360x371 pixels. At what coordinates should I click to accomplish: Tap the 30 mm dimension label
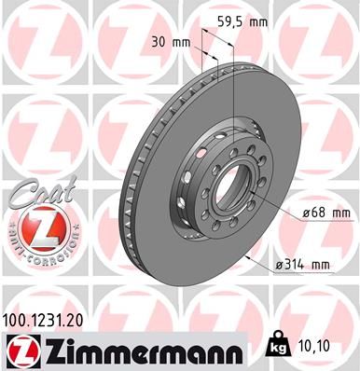(171, 42)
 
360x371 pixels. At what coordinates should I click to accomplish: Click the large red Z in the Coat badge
(38, 227)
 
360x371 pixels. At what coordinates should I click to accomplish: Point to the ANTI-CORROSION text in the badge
(38, 254)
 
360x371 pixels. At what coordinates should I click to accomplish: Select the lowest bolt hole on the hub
(221, 236)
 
